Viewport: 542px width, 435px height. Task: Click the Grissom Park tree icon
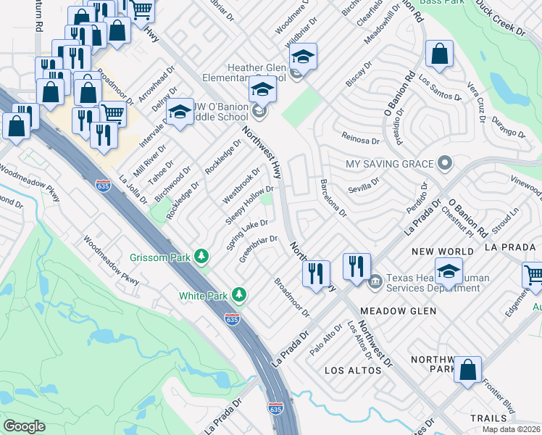(202, 257)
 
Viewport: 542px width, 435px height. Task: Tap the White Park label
(204, 295)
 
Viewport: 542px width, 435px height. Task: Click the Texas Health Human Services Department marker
(375, 281)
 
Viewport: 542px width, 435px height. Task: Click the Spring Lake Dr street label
(248, 235)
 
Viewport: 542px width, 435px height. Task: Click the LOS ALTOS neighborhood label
(353, 370)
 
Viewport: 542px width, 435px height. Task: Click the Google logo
(24, 426)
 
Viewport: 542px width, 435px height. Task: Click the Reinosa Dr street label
(360, 140)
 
